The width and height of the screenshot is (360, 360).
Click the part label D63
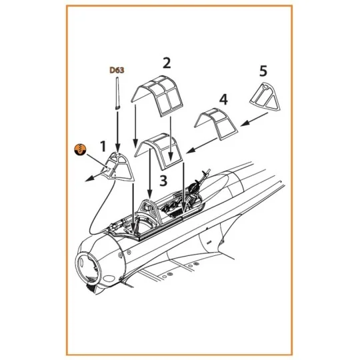tap(117, 69)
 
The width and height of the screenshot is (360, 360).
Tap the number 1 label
tap(103, 145)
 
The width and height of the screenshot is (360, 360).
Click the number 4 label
tap(223, 100)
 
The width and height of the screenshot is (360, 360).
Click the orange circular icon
tap(79, 149)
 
